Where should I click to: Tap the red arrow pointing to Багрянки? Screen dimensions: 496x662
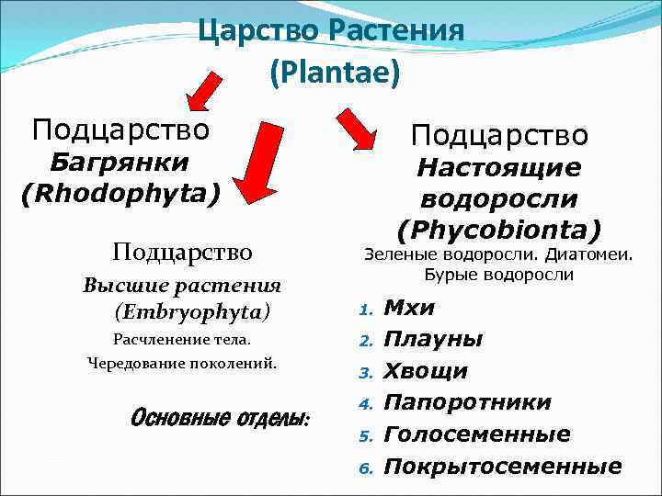tap(208, 95)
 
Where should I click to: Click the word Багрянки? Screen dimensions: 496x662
tap(120, 163)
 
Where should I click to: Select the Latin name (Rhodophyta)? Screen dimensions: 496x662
tap(120, 194)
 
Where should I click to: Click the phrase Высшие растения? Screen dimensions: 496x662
tap(181, 285)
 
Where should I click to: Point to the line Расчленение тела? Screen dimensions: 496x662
tap(181, 340)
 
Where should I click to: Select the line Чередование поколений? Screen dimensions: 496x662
tap(181, 364)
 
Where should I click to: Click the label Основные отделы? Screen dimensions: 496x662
tap(221, 418)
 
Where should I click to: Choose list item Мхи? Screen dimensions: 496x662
tap(409, 308)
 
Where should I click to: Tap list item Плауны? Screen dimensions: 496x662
tap(432, 339)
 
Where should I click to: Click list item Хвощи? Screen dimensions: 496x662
tap(425, 371)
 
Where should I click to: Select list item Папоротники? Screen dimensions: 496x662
tap(467, 402)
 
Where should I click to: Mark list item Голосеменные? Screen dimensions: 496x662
tap(476, 434)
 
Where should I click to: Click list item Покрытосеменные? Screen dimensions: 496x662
tap(502, 466)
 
